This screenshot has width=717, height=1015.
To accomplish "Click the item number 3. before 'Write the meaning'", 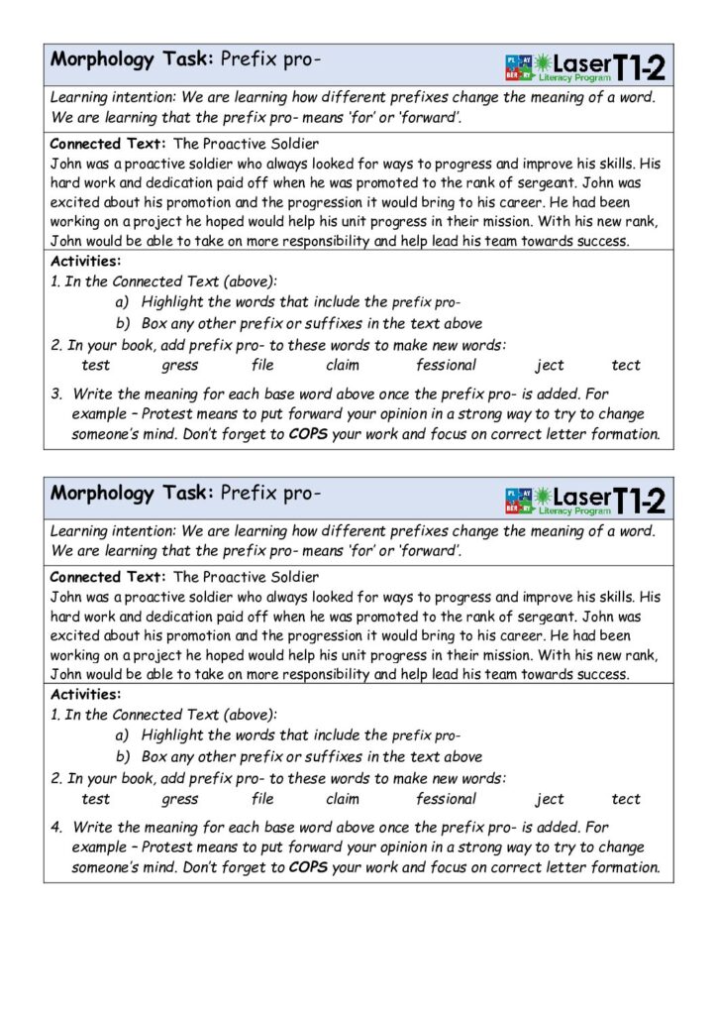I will [x=57, y=394].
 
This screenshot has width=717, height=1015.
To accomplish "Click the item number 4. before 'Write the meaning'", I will [x=57, y=827].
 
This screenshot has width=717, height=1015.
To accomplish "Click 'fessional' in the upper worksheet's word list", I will [x=446, y=365].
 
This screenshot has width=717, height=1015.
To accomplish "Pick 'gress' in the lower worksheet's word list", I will [x=179, y=799].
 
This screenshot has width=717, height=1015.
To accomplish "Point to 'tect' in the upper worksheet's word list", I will [x=626, y=365].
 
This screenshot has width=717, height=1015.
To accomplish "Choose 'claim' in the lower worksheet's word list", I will [x=342, y=799].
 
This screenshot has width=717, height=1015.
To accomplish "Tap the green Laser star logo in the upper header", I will [x=544, y=64].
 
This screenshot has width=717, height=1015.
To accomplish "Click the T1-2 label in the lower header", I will [x=639, y=500].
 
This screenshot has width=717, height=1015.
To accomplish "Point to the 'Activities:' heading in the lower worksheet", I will [x=85, y=695].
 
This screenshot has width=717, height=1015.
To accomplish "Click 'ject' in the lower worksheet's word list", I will [x=550, y=799].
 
